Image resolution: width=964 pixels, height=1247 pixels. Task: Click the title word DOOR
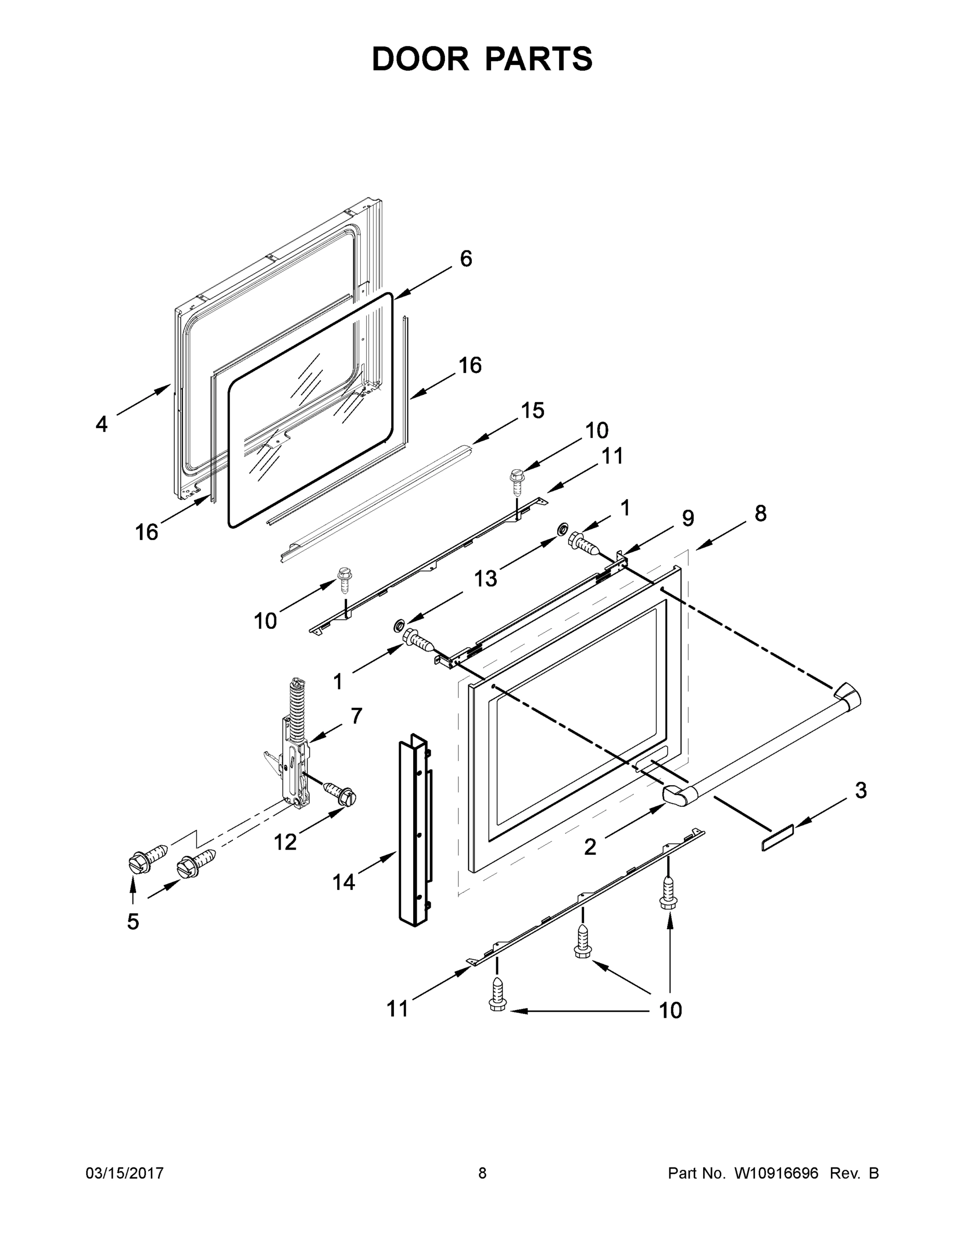[420, 59]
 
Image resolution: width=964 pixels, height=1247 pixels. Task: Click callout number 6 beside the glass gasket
[466, 259]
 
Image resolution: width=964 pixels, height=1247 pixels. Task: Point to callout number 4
[101, 424]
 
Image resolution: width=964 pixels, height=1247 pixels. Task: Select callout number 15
[532, 410]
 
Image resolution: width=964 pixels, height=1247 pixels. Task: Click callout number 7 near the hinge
[356, 715]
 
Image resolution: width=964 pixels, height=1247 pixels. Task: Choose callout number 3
[861, 791]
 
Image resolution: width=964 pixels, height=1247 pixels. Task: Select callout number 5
[133, 921]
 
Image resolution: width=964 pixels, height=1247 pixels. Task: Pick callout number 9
[688, 518]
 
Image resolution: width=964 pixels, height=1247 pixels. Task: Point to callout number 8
[760, 513]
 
